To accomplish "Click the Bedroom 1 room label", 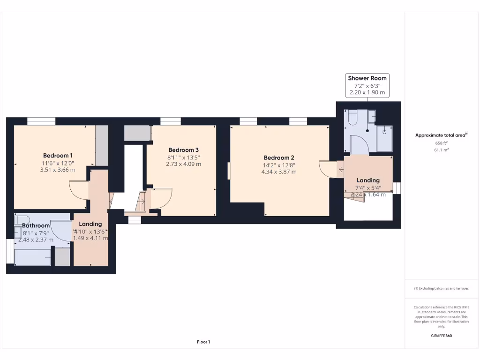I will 58,155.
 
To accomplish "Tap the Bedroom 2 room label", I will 279,157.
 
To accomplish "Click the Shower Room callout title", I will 367,78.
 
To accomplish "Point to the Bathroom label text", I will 36,225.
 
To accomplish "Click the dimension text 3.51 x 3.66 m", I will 58,170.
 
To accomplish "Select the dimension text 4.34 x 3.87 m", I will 279,172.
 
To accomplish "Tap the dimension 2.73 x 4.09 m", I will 184,164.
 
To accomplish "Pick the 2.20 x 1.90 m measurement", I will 367,92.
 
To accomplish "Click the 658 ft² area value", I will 441,143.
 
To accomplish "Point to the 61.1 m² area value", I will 441,150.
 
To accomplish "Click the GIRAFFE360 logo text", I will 441,336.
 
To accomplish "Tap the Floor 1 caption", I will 203,342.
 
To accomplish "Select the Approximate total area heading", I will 441,135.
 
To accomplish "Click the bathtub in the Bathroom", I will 32,257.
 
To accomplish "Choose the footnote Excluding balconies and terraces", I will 441,288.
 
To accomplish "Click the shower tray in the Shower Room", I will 384,138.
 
